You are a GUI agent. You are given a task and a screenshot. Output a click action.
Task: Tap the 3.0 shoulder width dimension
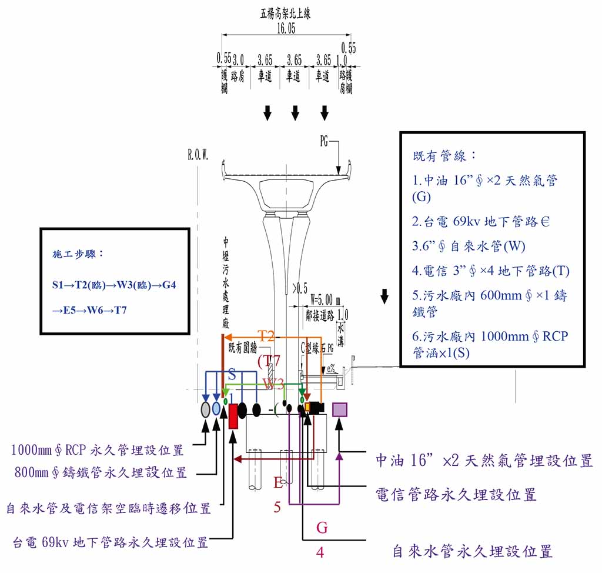coord(239,60)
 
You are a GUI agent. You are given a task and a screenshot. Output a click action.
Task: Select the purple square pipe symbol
coord(340,409)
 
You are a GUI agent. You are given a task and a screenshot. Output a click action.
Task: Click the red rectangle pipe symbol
coord(233,416)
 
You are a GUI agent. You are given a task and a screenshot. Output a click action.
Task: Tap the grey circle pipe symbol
coord(205,409)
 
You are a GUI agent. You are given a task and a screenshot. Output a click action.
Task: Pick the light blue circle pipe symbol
coord(216,409)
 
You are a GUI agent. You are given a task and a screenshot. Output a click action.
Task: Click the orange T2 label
coord(267,336)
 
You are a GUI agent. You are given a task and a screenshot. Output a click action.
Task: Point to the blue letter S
coord(232,375)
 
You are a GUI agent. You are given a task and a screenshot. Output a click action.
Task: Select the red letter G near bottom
coord(322,528)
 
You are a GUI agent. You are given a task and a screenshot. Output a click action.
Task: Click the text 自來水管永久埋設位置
coord(472,552)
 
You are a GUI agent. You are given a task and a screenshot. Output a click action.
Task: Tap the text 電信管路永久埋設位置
coord(456,495)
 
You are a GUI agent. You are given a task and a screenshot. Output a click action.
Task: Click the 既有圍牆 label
coord(242,348)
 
